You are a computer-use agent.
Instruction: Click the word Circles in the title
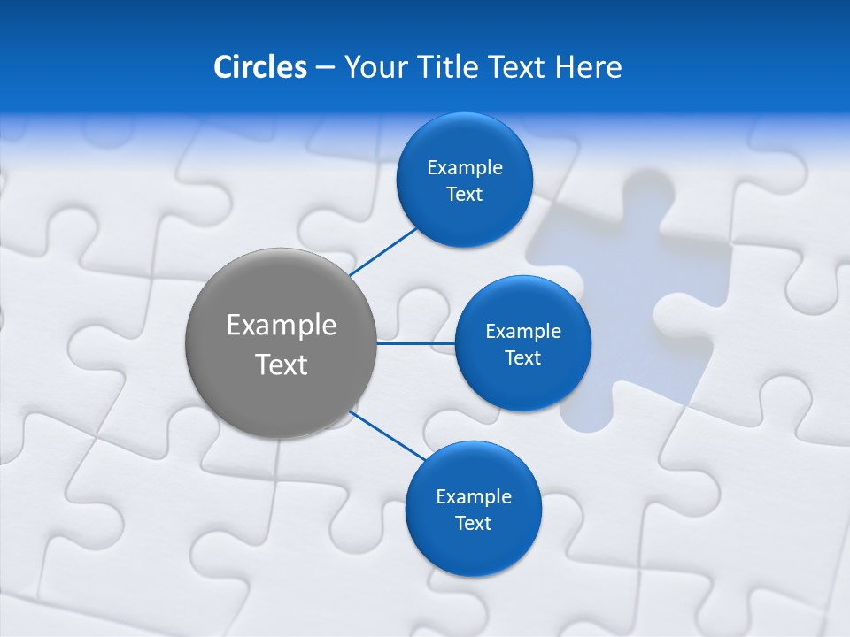[259, 67]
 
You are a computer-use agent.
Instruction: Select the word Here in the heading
[588, 67]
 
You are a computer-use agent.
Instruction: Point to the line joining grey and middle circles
[415, 343]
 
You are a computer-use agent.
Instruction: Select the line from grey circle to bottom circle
[387, 435]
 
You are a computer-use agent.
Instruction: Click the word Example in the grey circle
[281, 326]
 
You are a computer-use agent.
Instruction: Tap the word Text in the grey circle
[281, 365]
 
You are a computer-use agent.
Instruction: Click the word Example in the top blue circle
[464, 168]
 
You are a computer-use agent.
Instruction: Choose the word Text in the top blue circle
[464, 195]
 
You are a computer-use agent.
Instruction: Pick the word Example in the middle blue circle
[522, 332]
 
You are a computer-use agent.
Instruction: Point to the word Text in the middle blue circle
[522, 358]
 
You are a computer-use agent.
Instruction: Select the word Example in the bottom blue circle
[473, 497]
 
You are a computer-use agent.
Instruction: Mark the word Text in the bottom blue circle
[473, 524]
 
